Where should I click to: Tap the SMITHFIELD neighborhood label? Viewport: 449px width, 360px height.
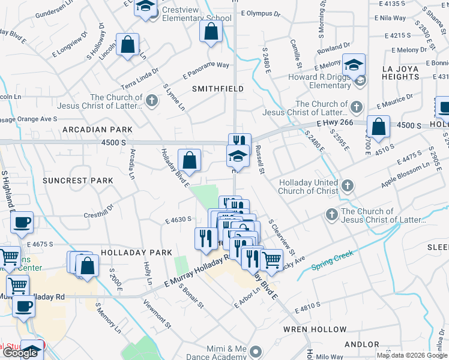[217, 89]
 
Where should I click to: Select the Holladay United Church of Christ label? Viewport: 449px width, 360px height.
[307, 187]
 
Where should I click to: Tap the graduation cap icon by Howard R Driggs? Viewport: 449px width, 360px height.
[354, 64]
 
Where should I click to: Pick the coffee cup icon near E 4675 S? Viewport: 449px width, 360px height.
[22, 223]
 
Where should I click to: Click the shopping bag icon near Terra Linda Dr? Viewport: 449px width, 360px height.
[127, 44]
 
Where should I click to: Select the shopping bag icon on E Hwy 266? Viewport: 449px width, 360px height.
[379, 127]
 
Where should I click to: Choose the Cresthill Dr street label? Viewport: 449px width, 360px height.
[100, 210]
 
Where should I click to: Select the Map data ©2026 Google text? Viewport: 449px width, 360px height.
[412, 355]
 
